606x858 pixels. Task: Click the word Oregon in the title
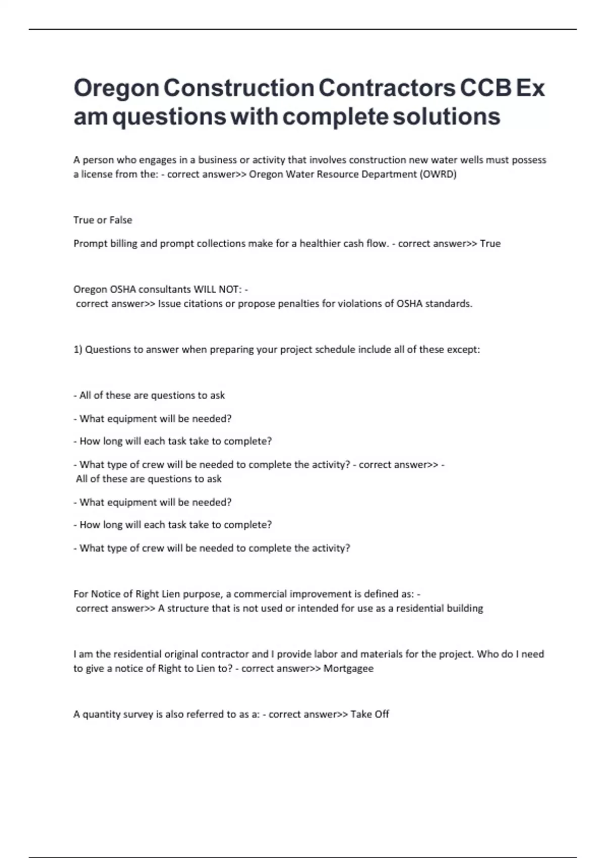116,88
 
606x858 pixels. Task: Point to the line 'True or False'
103,220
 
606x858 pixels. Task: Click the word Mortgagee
348,669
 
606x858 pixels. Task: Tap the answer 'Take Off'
370,715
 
